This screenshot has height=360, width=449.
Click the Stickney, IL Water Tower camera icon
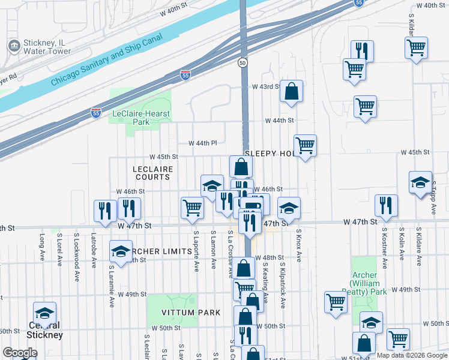pyautogui.click(x=13, y=46)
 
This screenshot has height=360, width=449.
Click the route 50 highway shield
pyautogui.click(x=243, y=62)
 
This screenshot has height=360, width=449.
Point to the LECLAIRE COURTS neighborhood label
pyautogui.click(x=152, y=173)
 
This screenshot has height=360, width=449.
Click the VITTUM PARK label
pyautogui.click(x=184, y=313)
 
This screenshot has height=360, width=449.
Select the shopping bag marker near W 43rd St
pyautogui.click(x=291, y=92)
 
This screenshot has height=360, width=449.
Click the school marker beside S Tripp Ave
pyautogui.click(x=420, y=182)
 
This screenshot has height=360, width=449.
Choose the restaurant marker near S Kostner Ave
pyautogui.click(x=386, y=205)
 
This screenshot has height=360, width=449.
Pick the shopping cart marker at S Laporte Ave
pyautogui.click(x=192, y=207)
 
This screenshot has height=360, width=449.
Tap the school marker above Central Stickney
pyautogui.click(x=44, y=313)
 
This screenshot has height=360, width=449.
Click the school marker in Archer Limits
pyautogui.click(x=121, y=251)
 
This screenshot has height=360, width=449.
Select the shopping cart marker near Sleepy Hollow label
pyautogui.click(x=306, y=145)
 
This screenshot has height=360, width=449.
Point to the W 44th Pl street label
pyautogui.click(x=202, y=143)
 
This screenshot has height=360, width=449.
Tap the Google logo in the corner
pyautogui.click(x=20, y=353)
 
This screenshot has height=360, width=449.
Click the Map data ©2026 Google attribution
pyautogui.click(x=411, y=355)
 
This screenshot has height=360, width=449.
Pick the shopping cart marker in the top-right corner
pyautogui.click(x=416, y=47)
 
